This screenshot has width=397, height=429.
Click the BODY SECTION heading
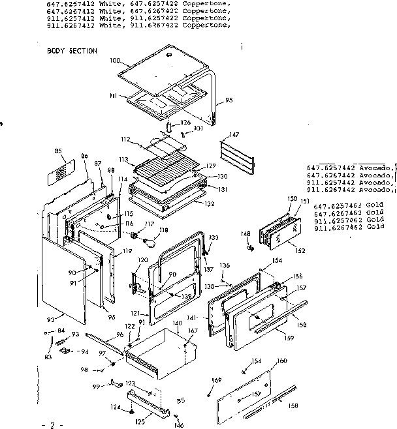[72, 51]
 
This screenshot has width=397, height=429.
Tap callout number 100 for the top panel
[116, 61]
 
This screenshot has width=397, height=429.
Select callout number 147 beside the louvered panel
[234, 135]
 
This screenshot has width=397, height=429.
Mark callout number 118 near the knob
[163, 229]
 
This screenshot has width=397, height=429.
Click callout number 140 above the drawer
[177, 323]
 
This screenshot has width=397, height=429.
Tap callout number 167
[193, 331]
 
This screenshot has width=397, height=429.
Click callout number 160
[281, 361]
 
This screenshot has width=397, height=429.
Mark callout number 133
[214, 237]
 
